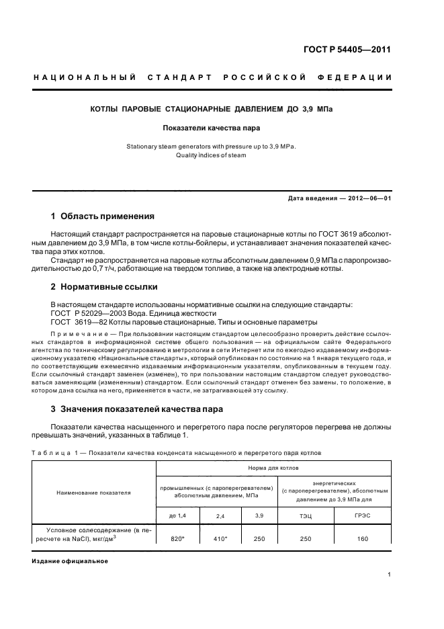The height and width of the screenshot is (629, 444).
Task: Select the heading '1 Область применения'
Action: coord(103,216)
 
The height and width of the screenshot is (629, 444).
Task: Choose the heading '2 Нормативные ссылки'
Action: coord(104,286)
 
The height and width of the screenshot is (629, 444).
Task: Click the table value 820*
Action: coord(178,538)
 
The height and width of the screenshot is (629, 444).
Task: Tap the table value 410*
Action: coord(220,538)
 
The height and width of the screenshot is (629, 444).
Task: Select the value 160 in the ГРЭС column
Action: coord(362,538)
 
